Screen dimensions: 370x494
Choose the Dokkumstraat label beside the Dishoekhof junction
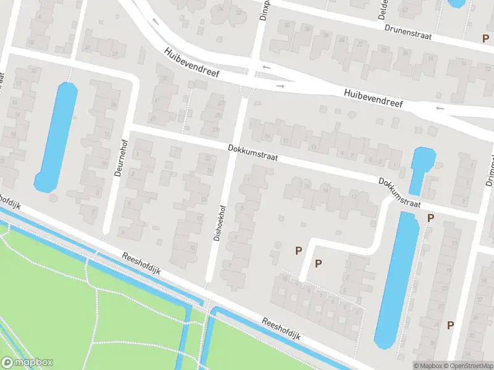click(x=253, y=153)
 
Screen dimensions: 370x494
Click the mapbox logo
click(x=27, y=363)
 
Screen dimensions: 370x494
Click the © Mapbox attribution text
click(x=428, y=366)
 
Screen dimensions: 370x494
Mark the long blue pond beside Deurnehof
click(x=56, y=137)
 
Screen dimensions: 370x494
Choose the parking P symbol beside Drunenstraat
click(x=486, y=38)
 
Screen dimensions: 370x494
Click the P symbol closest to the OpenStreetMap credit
click(x=451, y=325)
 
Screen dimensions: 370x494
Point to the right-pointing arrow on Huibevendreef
click(x=280, y=86)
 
